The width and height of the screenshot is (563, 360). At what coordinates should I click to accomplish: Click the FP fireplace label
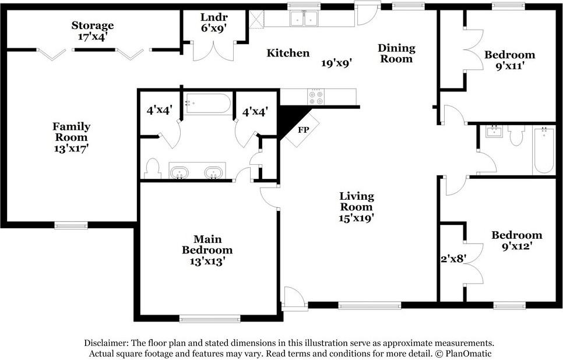[304, 130]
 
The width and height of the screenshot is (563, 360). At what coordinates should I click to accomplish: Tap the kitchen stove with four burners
[316, 97]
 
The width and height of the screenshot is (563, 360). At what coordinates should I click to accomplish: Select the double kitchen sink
[304, 18]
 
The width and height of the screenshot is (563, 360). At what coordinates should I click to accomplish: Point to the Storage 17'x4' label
[92, 31]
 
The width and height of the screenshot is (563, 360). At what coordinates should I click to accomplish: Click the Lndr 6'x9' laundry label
[214, 22]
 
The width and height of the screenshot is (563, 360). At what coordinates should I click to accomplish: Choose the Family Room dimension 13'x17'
[71, 148]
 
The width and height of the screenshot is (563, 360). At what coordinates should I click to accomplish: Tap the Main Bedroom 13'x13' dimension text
[207, 262]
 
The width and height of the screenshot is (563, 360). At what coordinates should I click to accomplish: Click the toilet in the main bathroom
[152, 168]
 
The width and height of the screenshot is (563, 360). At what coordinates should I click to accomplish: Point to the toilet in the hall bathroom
[516, 135]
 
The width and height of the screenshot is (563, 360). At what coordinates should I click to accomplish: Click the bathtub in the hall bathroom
[544, 150]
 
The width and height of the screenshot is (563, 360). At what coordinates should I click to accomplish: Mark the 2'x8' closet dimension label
[453, 259]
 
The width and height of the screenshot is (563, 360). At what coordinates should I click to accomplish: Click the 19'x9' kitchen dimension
[336, 63]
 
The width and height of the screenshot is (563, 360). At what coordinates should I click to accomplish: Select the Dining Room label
[396, 53]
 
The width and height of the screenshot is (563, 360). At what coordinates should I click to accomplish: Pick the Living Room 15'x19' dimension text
[357, 218]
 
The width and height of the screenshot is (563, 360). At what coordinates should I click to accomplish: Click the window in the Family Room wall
[71, 225]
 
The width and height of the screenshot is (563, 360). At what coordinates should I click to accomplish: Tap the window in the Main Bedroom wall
[210, 319]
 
